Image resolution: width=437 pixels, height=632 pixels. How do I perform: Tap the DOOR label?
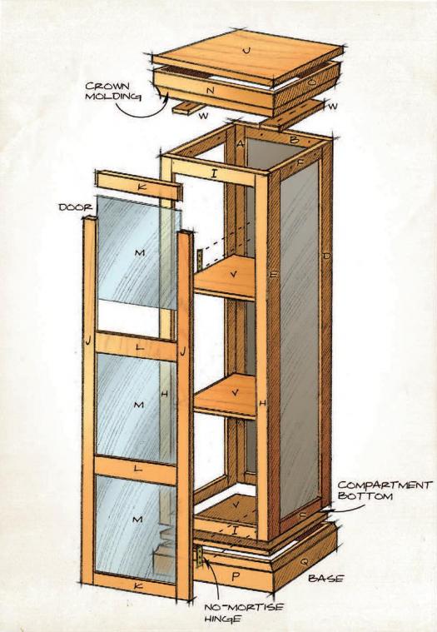[x=76, y=207]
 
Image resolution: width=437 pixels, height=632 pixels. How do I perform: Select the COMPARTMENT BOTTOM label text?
[x=384, y=490]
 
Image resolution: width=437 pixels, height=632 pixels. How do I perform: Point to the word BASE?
[x=325, y=579]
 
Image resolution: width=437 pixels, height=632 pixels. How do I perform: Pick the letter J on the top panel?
[x=247, y=51]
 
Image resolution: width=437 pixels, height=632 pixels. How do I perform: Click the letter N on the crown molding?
[x=210, y=91]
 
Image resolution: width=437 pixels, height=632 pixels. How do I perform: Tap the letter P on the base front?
[x=236, y=576]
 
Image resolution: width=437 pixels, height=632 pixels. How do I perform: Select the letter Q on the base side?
[x=304, y=560]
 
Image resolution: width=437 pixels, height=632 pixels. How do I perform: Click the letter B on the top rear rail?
[x=294, y=140]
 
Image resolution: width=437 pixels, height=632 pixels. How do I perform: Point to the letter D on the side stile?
[x=326, y=256]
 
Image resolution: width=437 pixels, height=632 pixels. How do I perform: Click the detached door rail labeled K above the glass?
[x=139, y=186]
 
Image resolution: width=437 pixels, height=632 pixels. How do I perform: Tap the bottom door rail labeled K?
[x=136, y=585]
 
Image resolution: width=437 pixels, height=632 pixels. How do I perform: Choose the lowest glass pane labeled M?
[x=137, y=529]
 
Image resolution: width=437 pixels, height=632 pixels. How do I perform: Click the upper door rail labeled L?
[x=137, y=346]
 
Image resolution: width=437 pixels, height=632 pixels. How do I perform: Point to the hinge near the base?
[x=199, y=556]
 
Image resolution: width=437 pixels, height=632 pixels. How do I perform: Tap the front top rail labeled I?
[x=214, y=173]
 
